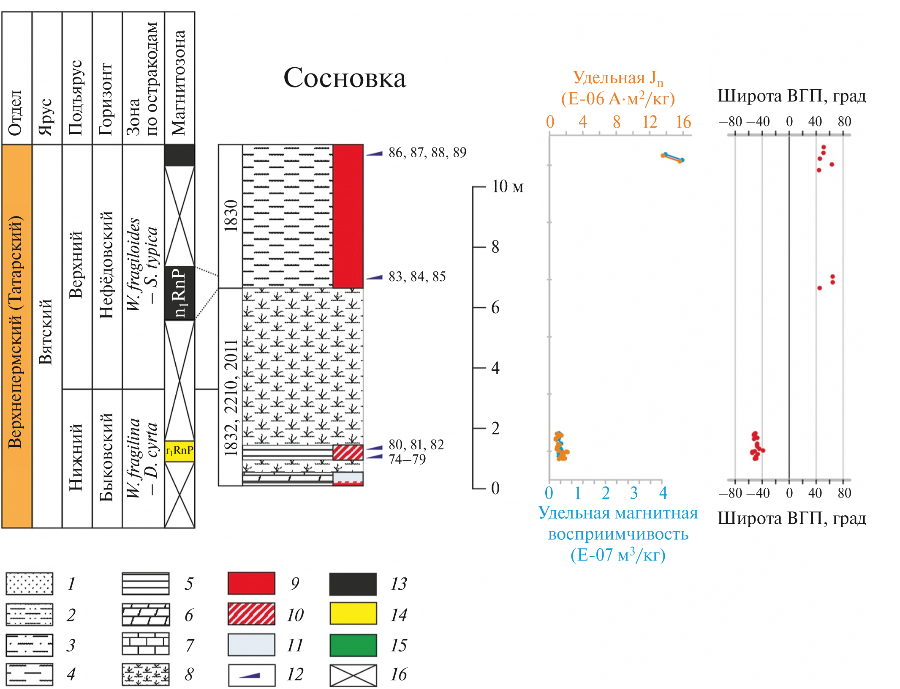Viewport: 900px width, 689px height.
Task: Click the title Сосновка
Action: [x=345, y=78]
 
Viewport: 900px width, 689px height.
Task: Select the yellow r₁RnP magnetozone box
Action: [x=179, y=451]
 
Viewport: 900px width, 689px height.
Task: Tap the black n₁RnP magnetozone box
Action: [x=179, y=293]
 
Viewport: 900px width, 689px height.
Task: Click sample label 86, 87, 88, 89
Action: [x=427, y=153]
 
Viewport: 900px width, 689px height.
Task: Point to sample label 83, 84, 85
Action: [x=417, y=276]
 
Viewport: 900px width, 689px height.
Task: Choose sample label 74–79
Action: [x=407, y=459]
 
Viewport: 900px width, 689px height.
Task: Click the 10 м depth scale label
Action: [x=507, y=186]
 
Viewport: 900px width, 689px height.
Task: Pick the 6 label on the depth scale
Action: [x=495, y=308]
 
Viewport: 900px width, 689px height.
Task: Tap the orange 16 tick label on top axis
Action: [x=683, y=122]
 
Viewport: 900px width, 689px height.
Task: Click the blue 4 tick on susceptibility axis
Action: [x=663, y=493]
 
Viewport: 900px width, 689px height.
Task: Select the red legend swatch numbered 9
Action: [x=251, y=583]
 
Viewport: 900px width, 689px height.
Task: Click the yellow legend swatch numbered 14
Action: [x=353, y=614]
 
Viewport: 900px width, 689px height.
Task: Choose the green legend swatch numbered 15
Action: [x=353, y=645]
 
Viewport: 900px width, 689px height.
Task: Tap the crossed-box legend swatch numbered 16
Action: [x=353, y=675]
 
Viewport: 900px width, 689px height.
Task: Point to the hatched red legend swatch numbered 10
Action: [x=251, y=614]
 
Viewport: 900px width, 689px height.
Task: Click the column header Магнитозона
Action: [x=179, y=82]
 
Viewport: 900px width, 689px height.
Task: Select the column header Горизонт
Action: [x=106, y=99]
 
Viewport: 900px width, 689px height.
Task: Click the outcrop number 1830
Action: [x=231, y=216]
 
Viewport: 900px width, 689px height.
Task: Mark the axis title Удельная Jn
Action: [x=617, y=79]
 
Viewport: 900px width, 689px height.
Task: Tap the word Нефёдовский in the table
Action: [x=106, y=265]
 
